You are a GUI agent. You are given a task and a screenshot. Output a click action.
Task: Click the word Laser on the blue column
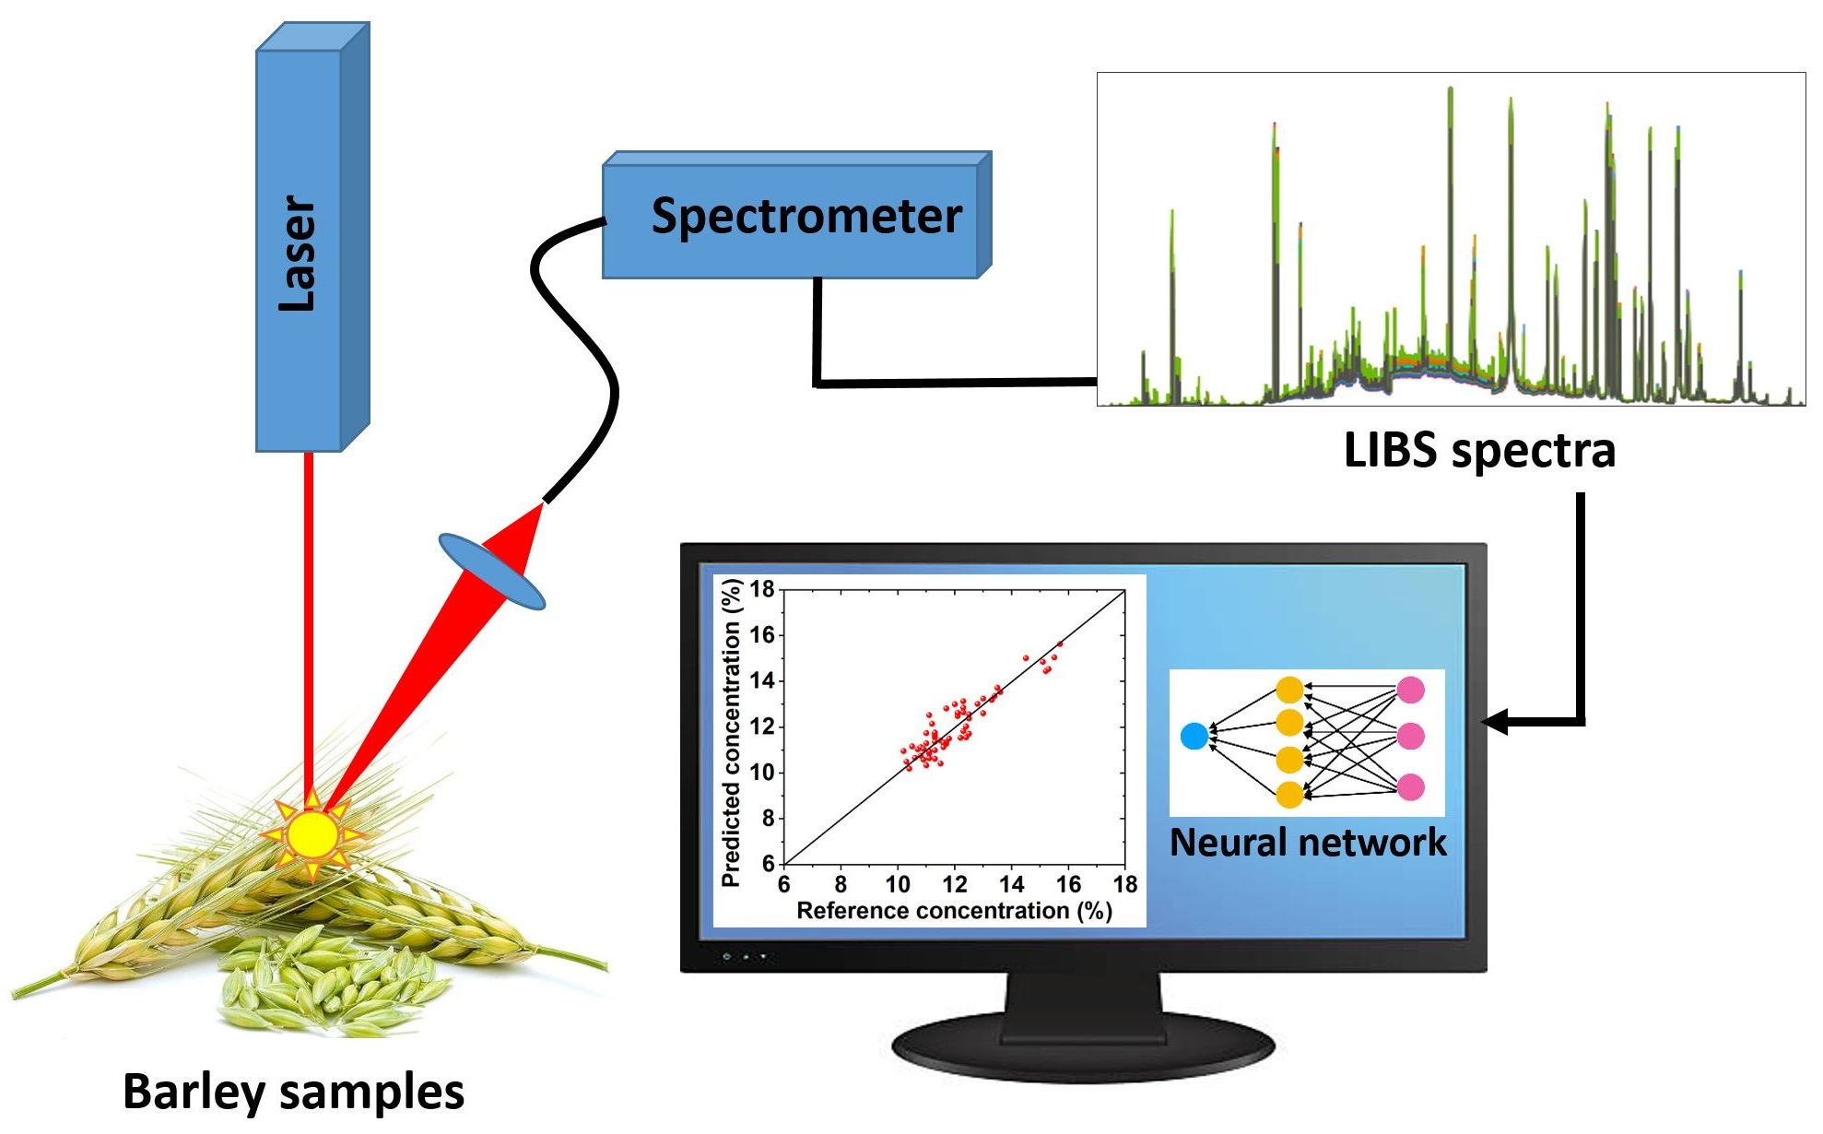[298, 254]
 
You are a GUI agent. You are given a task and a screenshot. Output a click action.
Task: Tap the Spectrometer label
[806, 217]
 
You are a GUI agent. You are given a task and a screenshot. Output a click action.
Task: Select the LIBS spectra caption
[1479, 451]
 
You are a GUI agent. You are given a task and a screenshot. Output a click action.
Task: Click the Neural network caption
[1308, 843]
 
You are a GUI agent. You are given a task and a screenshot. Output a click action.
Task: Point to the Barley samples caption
[293, 1092]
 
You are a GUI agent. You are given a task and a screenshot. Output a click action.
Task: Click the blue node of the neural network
[1194, 736]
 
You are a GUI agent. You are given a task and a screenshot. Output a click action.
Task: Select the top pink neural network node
[1410, 689]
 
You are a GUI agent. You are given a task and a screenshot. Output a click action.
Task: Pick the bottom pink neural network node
[1410, 786]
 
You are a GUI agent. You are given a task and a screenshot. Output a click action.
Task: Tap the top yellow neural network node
[1289, 689]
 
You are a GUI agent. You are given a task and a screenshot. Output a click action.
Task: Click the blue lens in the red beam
[492, 572]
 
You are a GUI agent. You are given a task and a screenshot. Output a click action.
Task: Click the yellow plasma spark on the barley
[312, 833]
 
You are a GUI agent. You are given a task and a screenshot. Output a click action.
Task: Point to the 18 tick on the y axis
[762, 589]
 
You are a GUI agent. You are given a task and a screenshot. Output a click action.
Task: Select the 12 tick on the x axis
[955, 885]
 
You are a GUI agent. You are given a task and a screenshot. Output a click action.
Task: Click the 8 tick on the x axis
[841, 885]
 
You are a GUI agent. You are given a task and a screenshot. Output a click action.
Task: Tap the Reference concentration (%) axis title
[954, 911]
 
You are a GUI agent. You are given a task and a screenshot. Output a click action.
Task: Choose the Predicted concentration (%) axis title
[732, 733]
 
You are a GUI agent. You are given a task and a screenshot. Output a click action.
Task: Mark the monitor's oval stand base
[1083, 1046]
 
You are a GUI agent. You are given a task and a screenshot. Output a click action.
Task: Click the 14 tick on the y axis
[762, 680]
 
